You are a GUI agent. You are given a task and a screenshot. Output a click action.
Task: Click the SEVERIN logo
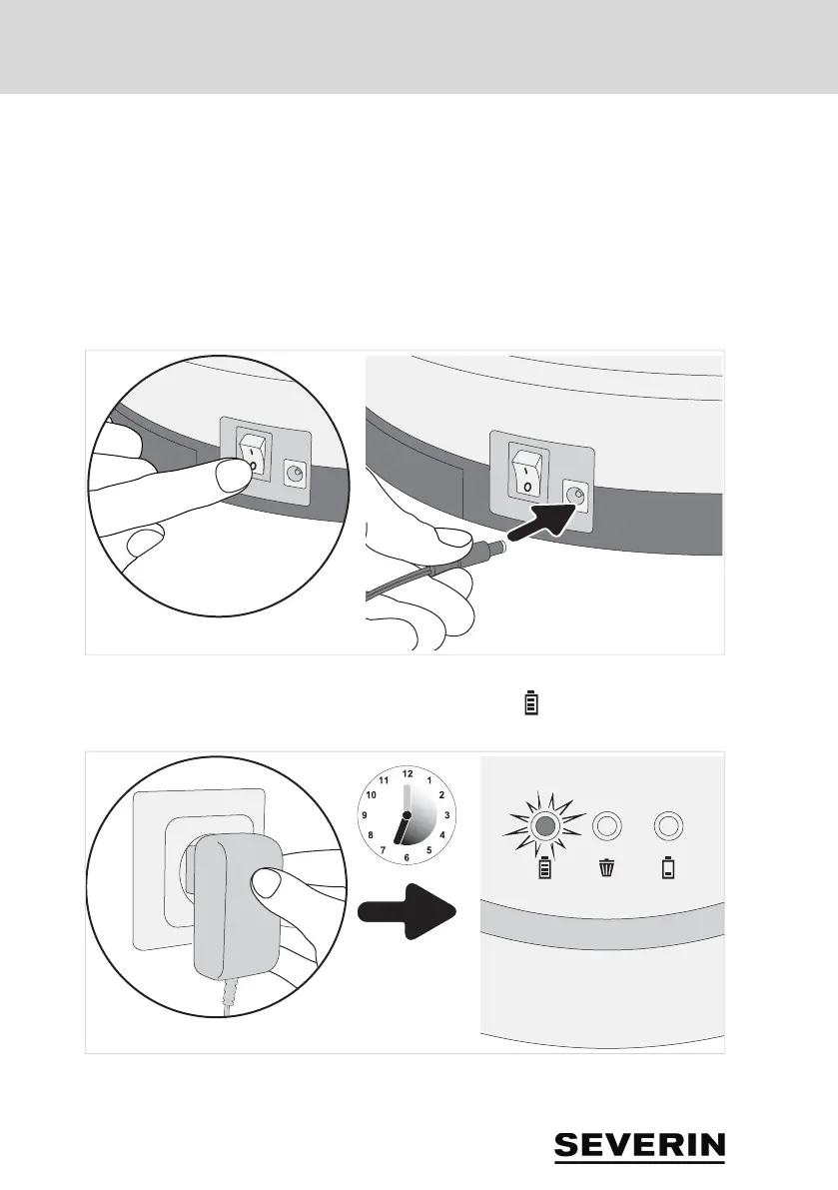pos(640,1146)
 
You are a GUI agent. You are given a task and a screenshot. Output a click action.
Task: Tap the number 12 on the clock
pos(407,773)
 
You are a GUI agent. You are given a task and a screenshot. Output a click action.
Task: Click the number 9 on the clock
pos(365,815)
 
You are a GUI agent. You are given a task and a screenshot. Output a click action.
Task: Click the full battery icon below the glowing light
pos(544,870)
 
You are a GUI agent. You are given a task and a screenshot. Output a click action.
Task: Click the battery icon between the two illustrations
pos(531,703)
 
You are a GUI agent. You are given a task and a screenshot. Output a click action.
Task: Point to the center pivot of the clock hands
pos(407,815)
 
